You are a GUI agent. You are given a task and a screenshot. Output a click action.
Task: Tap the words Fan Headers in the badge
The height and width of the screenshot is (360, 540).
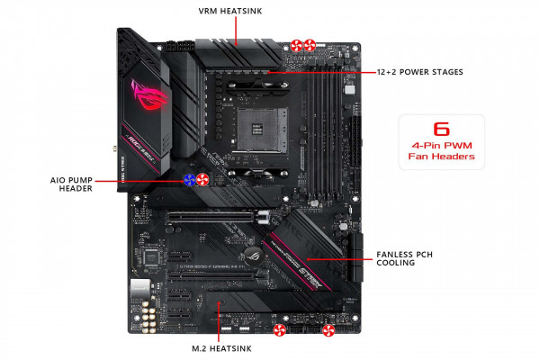point(441,166)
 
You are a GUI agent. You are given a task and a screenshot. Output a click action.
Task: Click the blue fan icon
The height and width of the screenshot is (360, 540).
point(190,179)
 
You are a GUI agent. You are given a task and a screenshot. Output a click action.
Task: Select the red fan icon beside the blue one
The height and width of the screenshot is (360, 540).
point(202,179)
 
